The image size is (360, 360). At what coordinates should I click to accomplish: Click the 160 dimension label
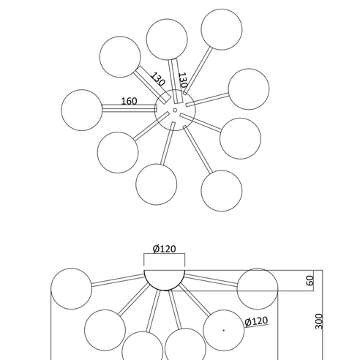click(129, 101)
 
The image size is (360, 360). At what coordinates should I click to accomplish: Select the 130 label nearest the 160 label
click(158, 79)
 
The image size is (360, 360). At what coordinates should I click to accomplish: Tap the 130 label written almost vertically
click(183, 80)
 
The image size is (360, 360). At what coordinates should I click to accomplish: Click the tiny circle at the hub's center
click(175, 110)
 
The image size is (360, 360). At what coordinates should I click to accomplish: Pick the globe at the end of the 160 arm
click(82, 110)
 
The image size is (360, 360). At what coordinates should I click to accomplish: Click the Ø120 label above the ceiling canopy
click(164, 249)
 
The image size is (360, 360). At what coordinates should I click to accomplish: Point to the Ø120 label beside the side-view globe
click(256, 321)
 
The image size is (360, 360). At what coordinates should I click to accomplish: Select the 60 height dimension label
click(310, 280)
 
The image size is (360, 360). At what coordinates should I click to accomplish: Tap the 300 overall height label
click(319, 321)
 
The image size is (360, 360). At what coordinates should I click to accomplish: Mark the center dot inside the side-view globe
click(224, 331)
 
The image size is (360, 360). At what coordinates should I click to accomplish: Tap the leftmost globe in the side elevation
click(71, 289)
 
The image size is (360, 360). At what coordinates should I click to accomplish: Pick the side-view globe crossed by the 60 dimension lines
click(258, 289)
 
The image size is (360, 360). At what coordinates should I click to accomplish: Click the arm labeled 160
click(129, 108)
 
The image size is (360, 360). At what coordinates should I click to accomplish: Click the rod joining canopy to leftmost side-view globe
click(118, 280)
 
